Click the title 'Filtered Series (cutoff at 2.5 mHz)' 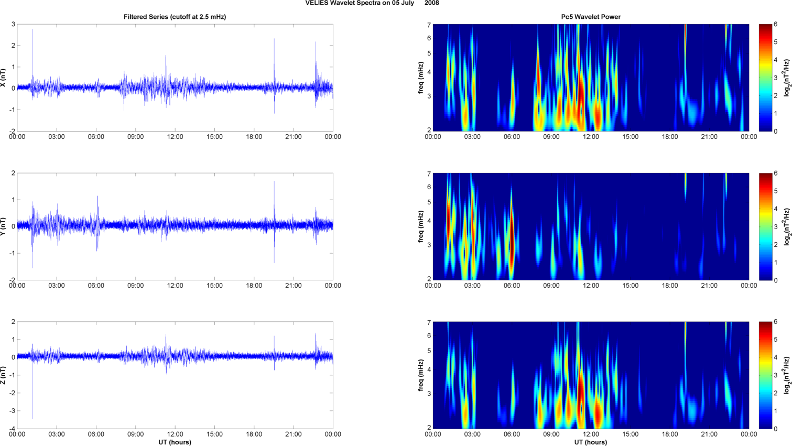[175, 17]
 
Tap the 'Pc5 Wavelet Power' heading [591, 17]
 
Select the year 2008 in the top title [432, 3]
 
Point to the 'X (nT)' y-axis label [3, 78]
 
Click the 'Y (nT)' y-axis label [3, 226]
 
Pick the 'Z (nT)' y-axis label [3, 375]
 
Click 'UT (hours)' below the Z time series [175, 442]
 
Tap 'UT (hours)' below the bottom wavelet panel [591, 442]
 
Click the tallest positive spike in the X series [32, 30]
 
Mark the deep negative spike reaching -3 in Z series [32, 417]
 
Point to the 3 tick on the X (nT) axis [13, 25]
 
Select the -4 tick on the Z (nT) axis [12, 429]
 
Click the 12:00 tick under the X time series [175, 137]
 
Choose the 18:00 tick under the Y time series [254, 286]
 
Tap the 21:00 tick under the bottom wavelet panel [709, 434]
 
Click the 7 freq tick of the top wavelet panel [428, 25]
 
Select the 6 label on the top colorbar [775, 25]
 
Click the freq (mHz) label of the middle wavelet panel [421, 226]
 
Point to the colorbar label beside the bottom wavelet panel [787, 375]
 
